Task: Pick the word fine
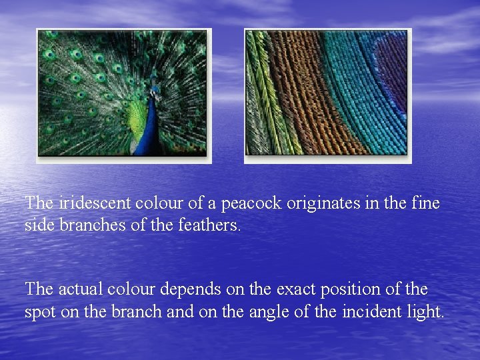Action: (x=427, y=203)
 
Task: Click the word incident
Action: (x=370, y=311)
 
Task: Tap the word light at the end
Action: (x=425, y=311)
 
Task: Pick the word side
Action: (x=40, y=225)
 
